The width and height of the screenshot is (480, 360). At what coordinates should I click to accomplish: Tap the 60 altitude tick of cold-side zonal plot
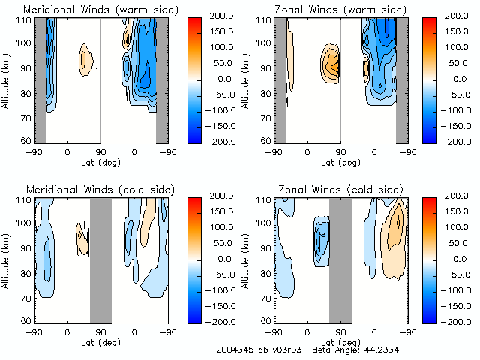tap(266, 320)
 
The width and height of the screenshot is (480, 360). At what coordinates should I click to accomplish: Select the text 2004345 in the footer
tap(232, 349)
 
